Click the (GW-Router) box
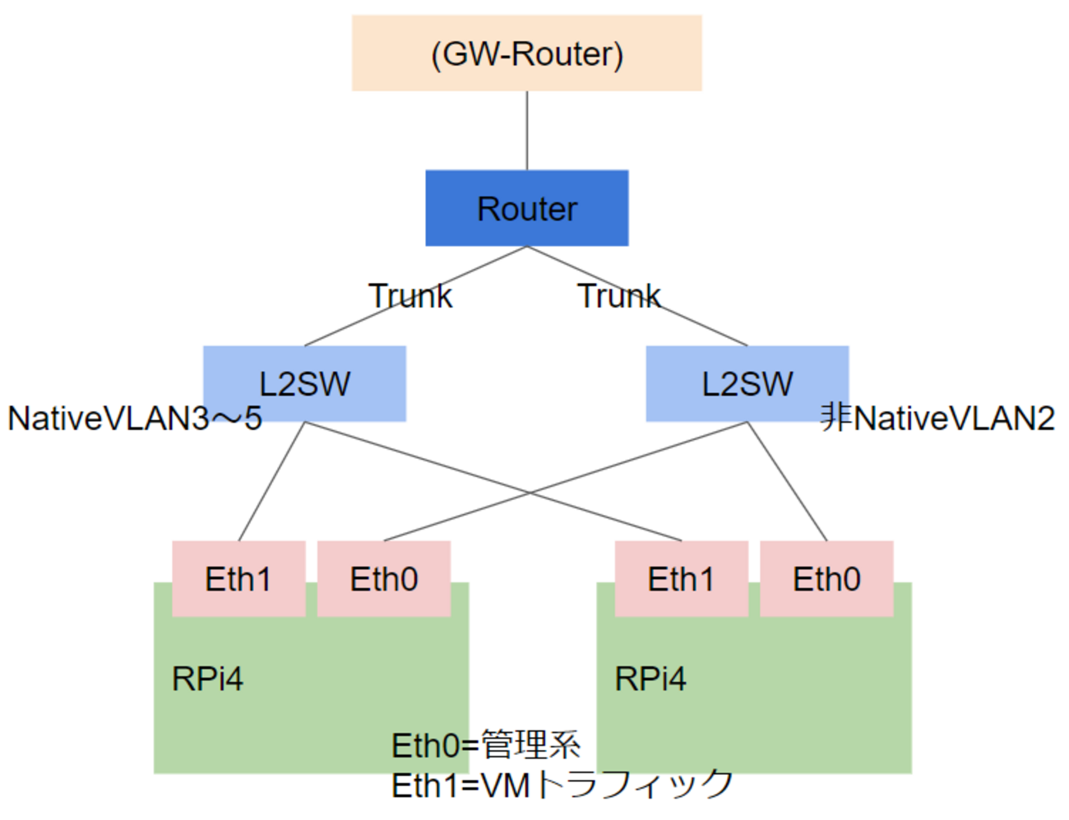[526, 53]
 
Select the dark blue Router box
[526, 208]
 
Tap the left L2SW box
[304, 383]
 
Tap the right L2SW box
[747, 383]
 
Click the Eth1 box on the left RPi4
[238, 579]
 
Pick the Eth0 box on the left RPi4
[384, 579]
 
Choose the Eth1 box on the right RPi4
[681, 579]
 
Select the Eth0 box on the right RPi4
[826, 579]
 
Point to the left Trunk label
[410, 296]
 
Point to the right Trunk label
[618, 296]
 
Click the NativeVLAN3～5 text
[134, 419]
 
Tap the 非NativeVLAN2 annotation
[937, 418]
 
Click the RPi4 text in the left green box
[207, 679]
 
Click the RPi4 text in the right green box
[650, 679]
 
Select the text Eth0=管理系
[486, 745]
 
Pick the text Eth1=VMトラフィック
[562, 785]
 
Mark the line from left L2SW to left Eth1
[271, 481]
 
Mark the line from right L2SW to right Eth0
[787, 481]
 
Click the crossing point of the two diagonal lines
[529, 493]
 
